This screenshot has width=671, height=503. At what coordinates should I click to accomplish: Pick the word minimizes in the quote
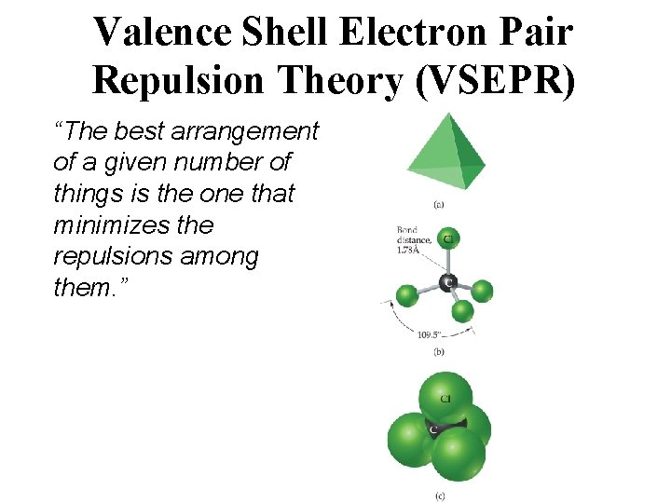tap(107, 225)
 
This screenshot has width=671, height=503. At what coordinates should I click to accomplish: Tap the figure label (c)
tap(438, 496)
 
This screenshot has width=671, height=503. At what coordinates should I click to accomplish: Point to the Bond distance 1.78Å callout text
tap(413, 238)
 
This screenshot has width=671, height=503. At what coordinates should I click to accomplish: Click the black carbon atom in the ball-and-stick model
tap(447, 280)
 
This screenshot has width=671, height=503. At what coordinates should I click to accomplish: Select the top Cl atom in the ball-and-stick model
tap(448, 239)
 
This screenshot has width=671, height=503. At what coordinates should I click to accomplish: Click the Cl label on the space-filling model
tap(446, 399)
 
